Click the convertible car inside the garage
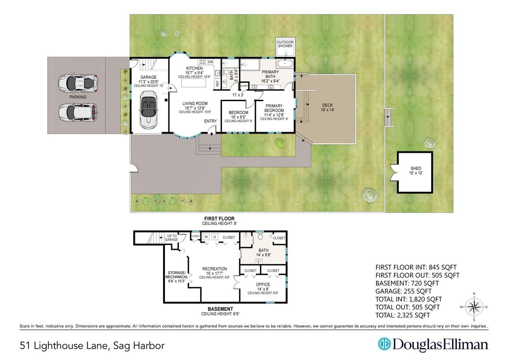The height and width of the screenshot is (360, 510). click(x=148, y=110)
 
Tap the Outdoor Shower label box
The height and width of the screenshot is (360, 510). click(x=285, y=44)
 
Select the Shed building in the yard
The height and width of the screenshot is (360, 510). click(x=416, y=172)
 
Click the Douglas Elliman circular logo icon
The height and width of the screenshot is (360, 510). click(x=384, y=344)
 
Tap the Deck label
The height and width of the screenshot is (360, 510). click(x=328, y=107)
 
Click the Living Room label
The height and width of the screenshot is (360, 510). click(x=195, y=103)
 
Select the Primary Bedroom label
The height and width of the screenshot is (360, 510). click(x=274, y=108)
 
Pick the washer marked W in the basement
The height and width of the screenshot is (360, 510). click(x=206, y=237)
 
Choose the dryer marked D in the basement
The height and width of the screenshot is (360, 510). click(x=215, y=237)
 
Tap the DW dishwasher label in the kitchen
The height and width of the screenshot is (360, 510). click(x=211, y=62)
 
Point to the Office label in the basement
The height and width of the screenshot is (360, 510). click(x=263, y=285)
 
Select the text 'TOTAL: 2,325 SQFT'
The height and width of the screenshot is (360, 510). click(x=402, y=315)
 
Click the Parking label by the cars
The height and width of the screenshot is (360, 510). click(x=78, y=97)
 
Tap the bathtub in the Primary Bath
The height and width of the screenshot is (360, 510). click(x=285, y=63)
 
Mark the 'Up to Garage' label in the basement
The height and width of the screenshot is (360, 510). click(x=171, y=238)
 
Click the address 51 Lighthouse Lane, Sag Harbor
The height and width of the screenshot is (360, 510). click(x=92, y=345)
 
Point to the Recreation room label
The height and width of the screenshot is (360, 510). click(x=214, y=269)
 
